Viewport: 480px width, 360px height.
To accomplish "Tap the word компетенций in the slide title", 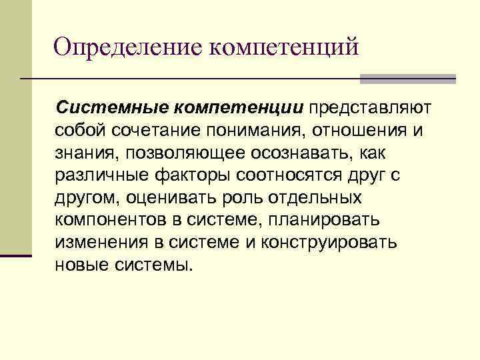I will point(285,48).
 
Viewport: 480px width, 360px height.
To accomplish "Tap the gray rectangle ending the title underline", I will point(407,79).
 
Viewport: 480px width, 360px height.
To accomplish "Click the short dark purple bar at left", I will point(16,255).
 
